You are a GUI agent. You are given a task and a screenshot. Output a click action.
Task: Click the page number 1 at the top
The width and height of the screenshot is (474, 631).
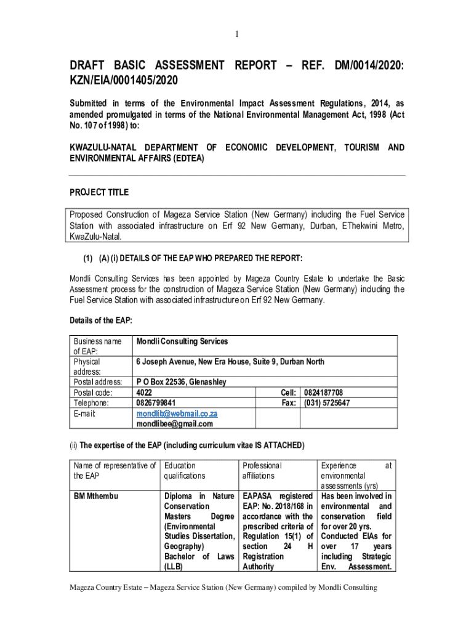pyautogui.click(x=236, y=35)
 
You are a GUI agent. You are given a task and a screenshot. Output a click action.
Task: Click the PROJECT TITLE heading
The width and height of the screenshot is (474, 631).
pyautogui.click(x=98, y=192)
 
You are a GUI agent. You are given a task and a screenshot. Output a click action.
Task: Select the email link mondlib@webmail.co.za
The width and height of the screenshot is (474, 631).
pyautogui.click(x=177, y=413)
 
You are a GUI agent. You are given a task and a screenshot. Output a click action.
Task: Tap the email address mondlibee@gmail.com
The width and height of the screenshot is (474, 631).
pyautogui.click(x=175, y=424)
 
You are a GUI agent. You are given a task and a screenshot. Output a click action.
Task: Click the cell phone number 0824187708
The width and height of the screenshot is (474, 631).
pyautogui.click(x=324, y=393)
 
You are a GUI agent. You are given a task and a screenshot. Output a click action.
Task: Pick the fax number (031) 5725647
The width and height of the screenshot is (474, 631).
pyautogui.click(x=327, y=403)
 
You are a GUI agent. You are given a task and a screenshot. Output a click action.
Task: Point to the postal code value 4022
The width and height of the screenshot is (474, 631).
pyautogui.click(x=144, y=393)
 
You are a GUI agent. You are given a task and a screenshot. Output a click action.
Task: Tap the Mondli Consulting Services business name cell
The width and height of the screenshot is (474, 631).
pyautogui.click(x=182, y=341)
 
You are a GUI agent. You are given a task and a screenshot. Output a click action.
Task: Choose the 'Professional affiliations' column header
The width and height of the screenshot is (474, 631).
pyautogui.click(x=262, y=471)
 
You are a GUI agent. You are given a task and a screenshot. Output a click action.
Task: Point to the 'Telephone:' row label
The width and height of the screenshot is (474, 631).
pyautogui.click(x=91, y=403)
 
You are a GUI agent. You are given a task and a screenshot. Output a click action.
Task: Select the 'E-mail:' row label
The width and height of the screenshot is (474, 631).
pyautogui.click(x=86, y=413)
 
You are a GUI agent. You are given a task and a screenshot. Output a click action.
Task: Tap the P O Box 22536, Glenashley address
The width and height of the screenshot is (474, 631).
pyautogui.click(x=181, y=382)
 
